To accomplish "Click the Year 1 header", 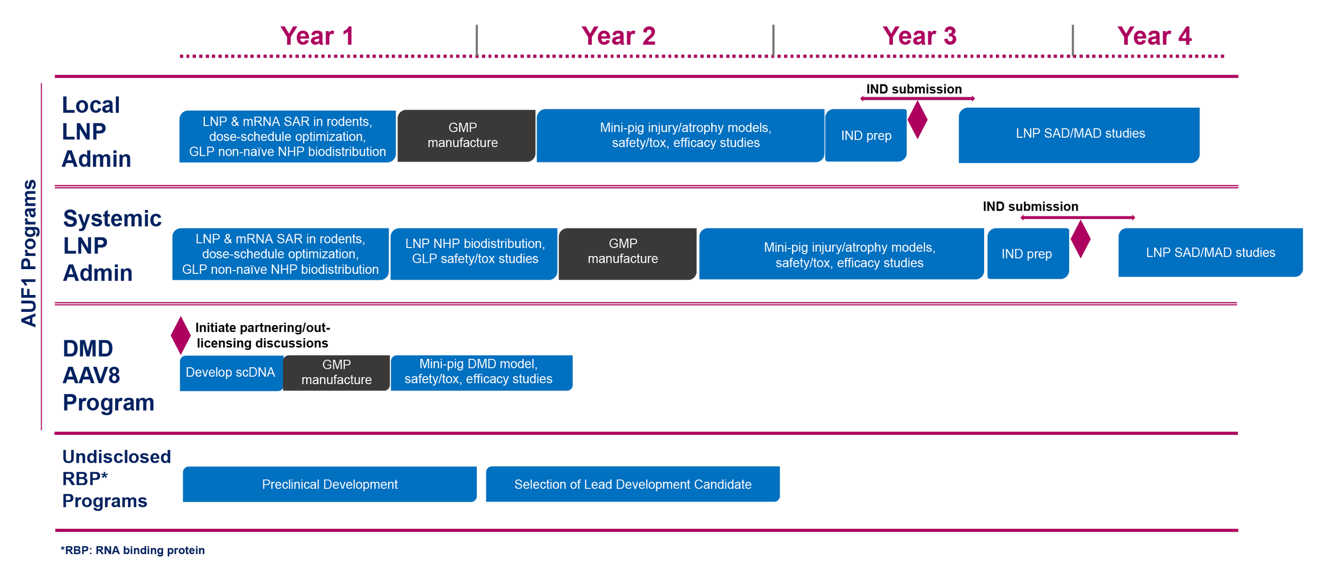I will click(x=317, y=37).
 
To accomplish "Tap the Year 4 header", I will click(x=1154, y=37).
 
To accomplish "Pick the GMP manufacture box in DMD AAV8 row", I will click(x=336, y=373).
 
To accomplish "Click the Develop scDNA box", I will click(x=231, y=373).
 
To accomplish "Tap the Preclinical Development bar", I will click(x=329, y=484).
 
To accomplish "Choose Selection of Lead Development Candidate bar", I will click(x=633, y=484).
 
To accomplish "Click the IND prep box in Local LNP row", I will click(x=866, y=136).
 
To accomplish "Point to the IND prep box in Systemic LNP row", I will click(x=1027, y=254).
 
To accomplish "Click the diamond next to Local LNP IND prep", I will click(x=918, y=120).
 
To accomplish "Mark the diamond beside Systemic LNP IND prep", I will click(x=1080, y=240).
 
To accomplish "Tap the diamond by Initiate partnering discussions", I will click(x=181, y=335).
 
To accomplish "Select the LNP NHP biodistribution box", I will click(x=474, y=253).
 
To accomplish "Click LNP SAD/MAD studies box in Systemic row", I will click(x=1210, y=252).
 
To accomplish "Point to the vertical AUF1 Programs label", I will click(x=30, y=253).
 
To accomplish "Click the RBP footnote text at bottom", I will click(x=132, y=550).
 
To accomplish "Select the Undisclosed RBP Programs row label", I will click(x=115, y=478).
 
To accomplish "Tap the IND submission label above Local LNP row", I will click(x=914, y=89).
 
